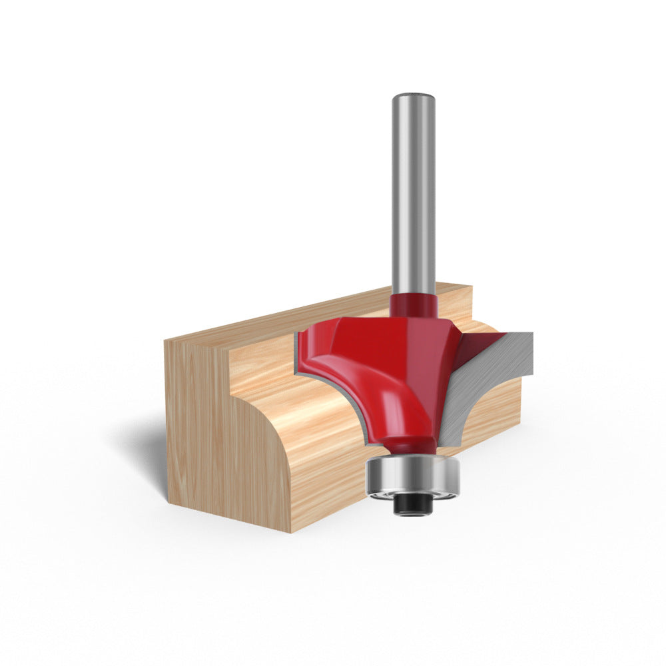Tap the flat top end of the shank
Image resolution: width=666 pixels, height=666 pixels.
pyautogui.click(x=413, y=97)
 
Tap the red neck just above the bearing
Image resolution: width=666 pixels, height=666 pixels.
pyautogui.click(x=410, y=445)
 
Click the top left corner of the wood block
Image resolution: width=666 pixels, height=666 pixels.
pyautogui.click(x=166, y=341)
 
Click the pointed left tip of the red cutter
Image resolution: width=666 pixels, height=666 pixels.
pyautogui.click(x=299, y=333)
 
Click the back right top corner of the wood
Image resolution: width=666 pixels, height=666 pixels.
pyautogui.click(x=470, y=287)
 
